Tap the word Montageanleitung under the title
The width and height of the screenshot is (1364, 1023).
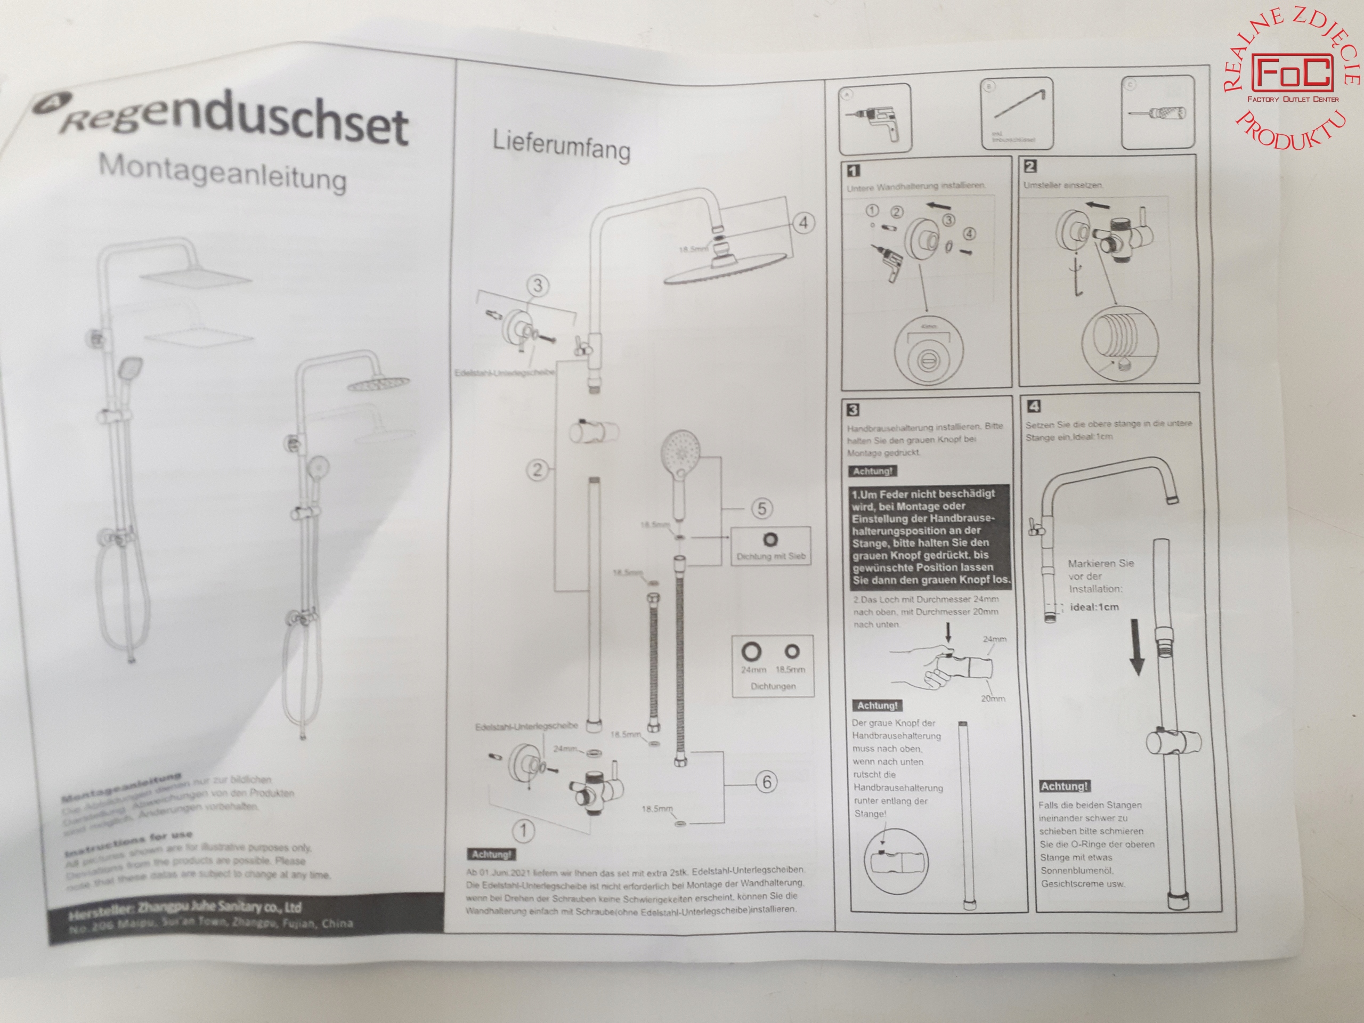(222, 173)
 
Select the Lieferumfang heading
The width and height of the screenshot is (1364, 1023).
(561, 146)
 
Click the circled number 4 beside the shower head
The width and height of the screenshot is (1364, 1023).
(803, 223)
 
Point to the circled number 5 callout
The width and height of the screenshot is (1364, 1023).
(761, 509)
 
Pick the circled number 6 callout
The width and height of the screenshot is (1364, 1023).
(767, 782)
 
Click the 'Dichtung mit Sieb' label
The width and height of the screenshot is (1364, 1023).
(771, 556)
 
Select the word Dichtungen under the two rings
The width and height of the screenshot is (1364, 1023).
(773, 686)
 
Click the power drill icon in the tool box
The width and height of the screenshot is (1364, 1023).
(875, 120)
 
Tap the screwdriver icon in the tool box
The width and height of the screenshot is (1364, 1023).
(1157, 113)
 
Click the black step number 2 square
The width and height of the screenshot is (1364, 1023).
(1030, 166)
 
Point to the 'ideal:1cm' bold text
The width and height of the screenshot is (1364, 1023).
(1094, 607)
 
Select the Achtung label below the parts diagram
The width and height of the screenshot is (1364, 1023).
(491, 855)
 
